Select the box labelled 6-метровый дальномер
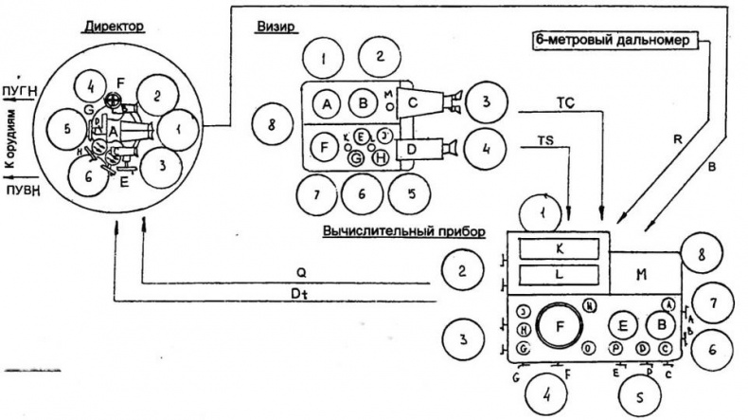[616, 40]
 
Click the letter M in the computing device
[641, 275]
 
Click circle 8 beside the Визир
[272, 123]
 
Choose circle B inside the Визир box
[363, 102]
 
